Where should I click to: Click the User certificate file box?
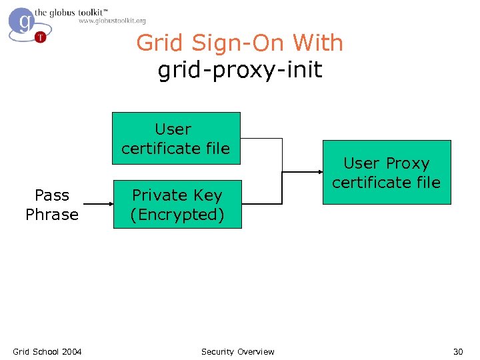(175, 138)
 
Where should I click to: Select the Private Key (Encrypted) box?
(177, 205)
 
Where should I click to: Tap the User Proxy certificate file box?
(387, 172)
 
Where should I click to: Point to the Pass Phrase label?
(52, 205)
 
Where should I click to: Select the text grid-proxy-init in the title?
(240, 69)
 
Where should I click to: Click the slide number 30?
(458, 351)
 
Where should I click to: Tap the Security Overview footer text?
(237, 351)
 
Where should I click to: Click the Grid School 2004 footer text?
(47, 351)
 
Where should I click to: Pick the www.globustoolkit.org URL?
(112, 21)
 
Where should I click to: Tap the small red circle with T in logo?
(41, 37)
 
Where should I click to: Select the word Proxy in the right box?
(407, 163)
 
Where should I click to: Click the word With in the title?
(317, 43)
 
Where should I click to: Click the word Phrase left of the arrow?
(52, 215)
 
